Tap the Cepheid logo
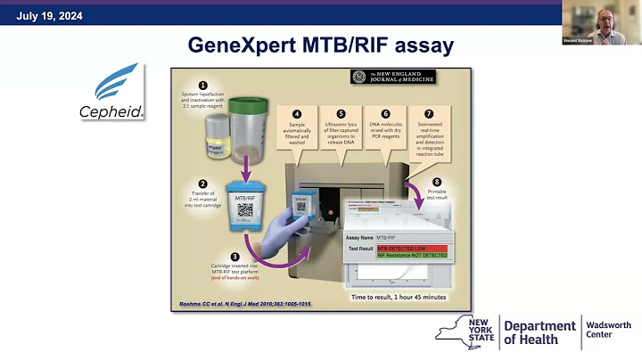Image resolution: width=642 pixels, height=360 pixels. click(x=119, y=92)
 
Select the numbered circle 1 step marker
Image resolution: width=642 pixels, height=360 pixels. click(x=202, y=86)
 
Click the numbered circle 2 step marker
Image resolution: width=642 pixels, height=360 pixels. click(x=202, y=185)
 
